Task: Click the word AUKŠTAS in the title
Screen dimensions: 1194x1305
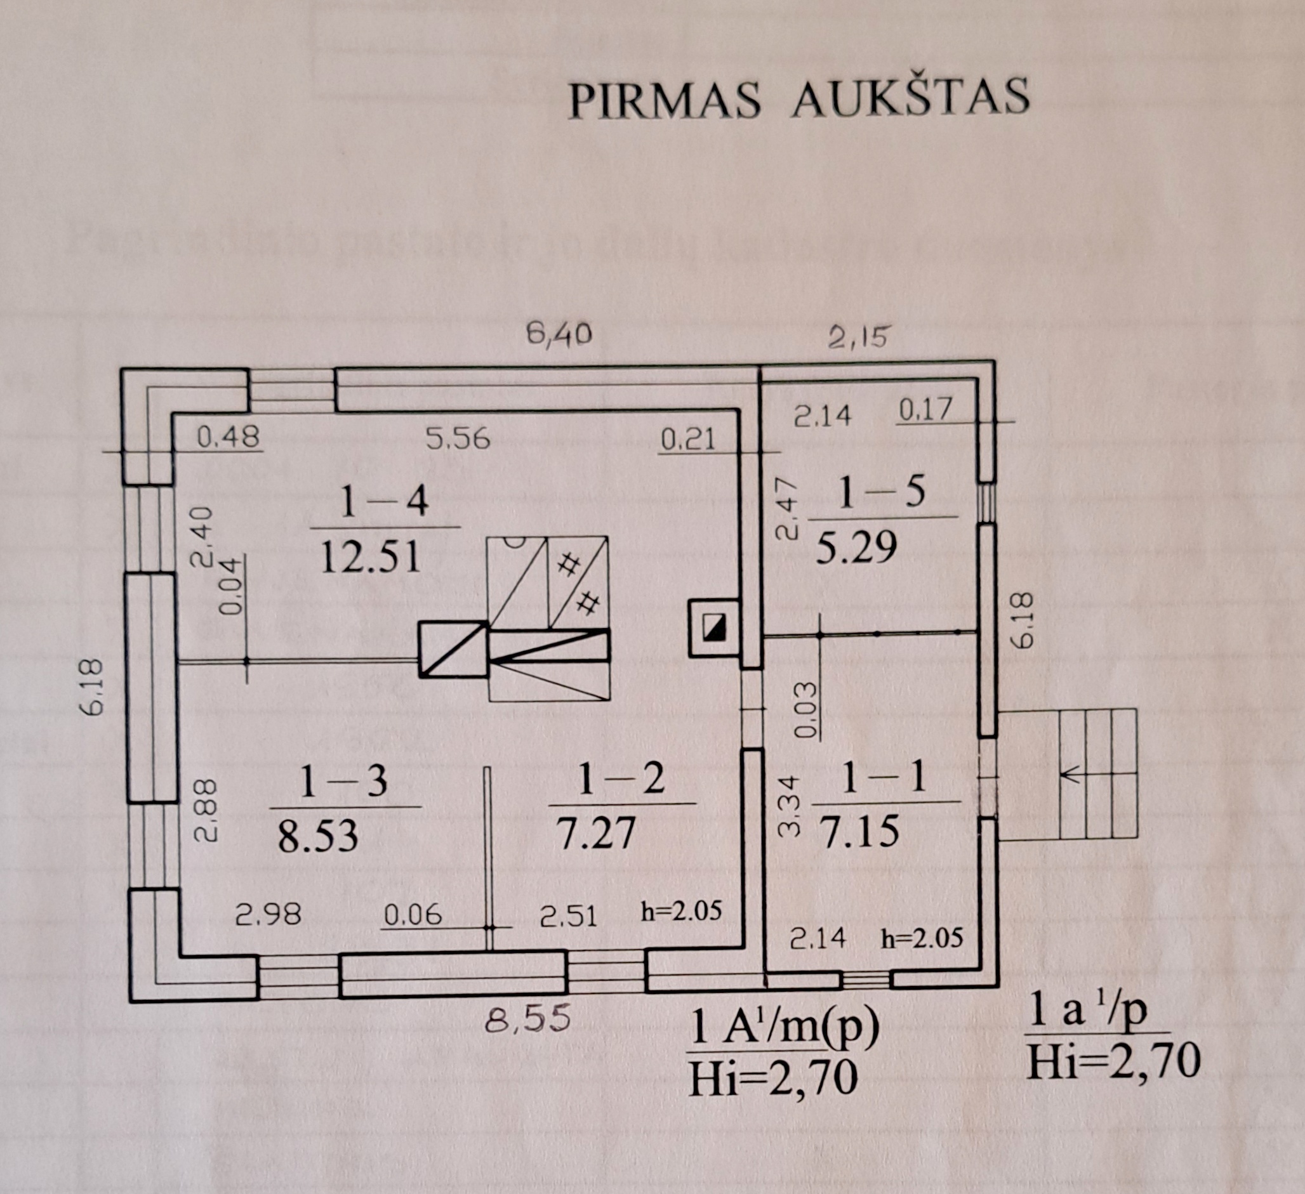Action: click(x=910, y=99)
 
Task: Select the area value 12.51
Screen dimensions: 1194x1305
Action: click(x=371, y=557)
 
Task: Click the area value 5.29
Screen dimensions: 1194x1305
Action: click(x=856, y=548)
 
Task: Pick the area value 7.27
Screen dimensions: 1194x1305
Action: click(x=597, y=833)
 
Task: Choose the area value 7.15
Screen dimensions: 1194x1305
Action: click(x=860, y=831)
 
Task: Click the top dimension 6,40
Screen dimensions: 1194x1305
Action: click(x=559, y=334)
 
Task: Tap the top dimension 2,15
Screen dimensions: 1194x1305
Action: click(x=859, y=337)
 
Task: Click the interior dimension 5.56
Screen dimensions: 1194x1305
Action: click(x=458, y=440)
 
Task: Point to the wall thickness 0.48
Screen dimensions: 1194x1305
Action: click(x=228, y=437)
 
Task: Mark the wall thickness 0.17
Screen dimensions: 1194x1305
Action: click(x=925, y=409)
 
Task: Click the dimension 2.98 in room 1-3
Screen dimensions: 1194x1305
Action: click(x=268, y=914)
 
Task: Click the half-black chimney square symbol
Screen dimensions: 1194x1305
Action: click(x=713, y=627)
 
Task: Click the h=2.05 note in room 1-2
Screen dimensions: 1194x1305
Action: click(x=681, y=911)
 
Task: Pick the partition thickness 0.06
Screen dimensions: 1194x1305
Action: click(x=413, y=915)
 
